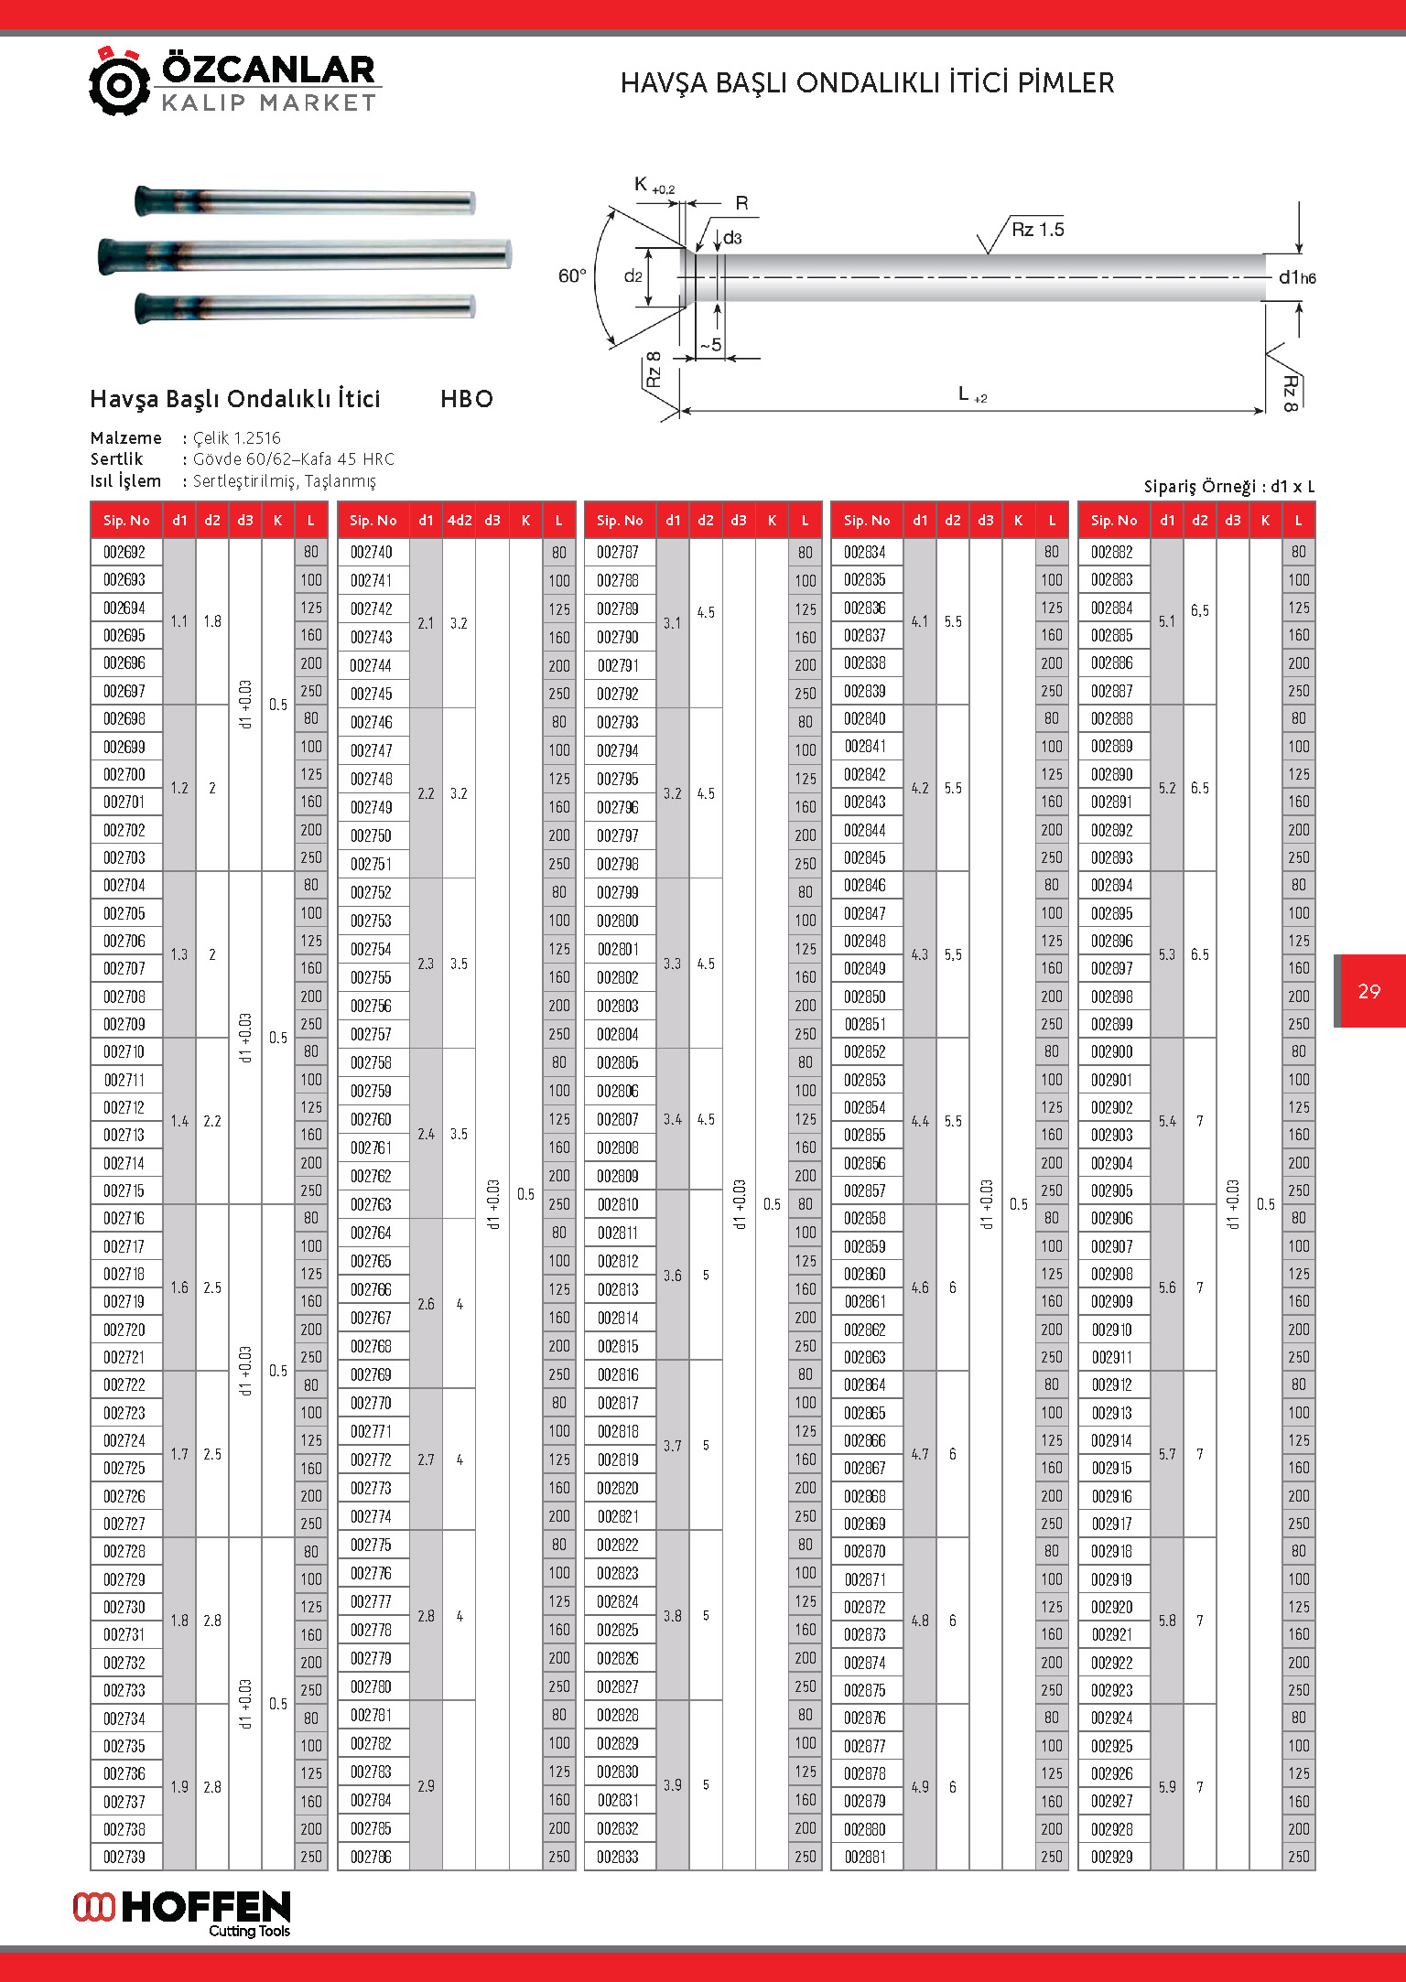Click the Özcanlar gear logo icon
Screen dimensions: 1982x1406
point(119,82)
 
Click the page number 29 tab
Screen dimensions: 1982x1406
point(1369,991)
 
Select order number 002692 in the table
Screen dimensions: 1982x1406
point(124,552)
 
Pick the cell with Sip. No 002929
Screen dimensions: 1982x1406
point(1112,1857)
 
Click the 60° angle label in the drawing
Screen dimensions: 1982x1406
point(572,275)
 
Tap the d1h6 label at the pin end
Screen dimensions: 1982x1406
point(1297,277)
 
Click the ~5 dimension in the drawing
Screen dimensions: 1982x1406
point(711,345)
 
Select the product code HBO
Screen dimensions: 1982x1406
point(467,399)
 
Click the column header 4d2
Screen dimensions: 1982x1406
point(459,520)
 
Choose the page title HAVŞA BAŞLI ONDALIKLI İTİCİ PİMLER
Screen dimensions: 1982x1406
point(867,83)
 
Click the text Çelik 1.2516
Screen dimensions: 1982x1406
point(237,437)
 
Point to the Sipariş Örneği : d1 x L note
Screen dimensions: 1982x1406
point(1228,486)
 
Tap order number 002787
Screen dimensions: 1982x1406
point(618,552)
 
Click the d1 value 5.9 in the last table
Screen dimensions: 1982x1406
point(1167,1786)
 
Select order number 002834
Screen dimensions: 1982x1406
point(865,552)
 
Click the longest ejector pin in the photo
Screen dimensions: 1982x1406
point(304,253)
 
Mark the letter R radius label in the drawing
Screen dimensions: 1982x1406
point(741,203)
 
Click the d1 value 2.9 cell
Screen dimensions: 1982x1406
point(426,1785)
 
